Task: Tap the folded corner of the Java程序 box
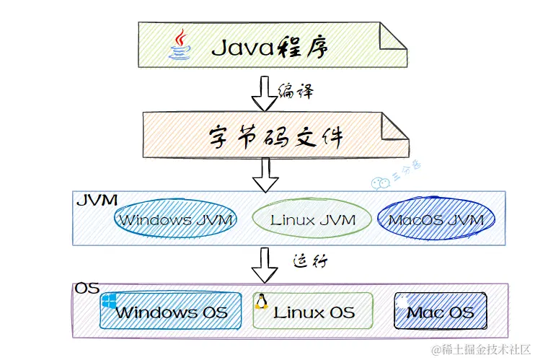point(394,36)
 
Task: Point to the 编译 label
point(296,92)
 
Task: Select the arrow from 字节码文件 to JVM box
point(265,175)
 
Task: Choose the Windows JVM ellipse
point(176,219)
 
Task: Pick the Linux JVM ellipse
point(313,219)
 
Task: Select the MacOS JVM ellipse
point(436,219)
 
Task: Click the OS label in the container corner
point(87,289)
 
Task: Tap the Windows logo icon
point(109,301)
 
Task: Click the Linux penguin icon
point(261,302)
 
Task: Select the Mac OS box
point(441,312)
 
